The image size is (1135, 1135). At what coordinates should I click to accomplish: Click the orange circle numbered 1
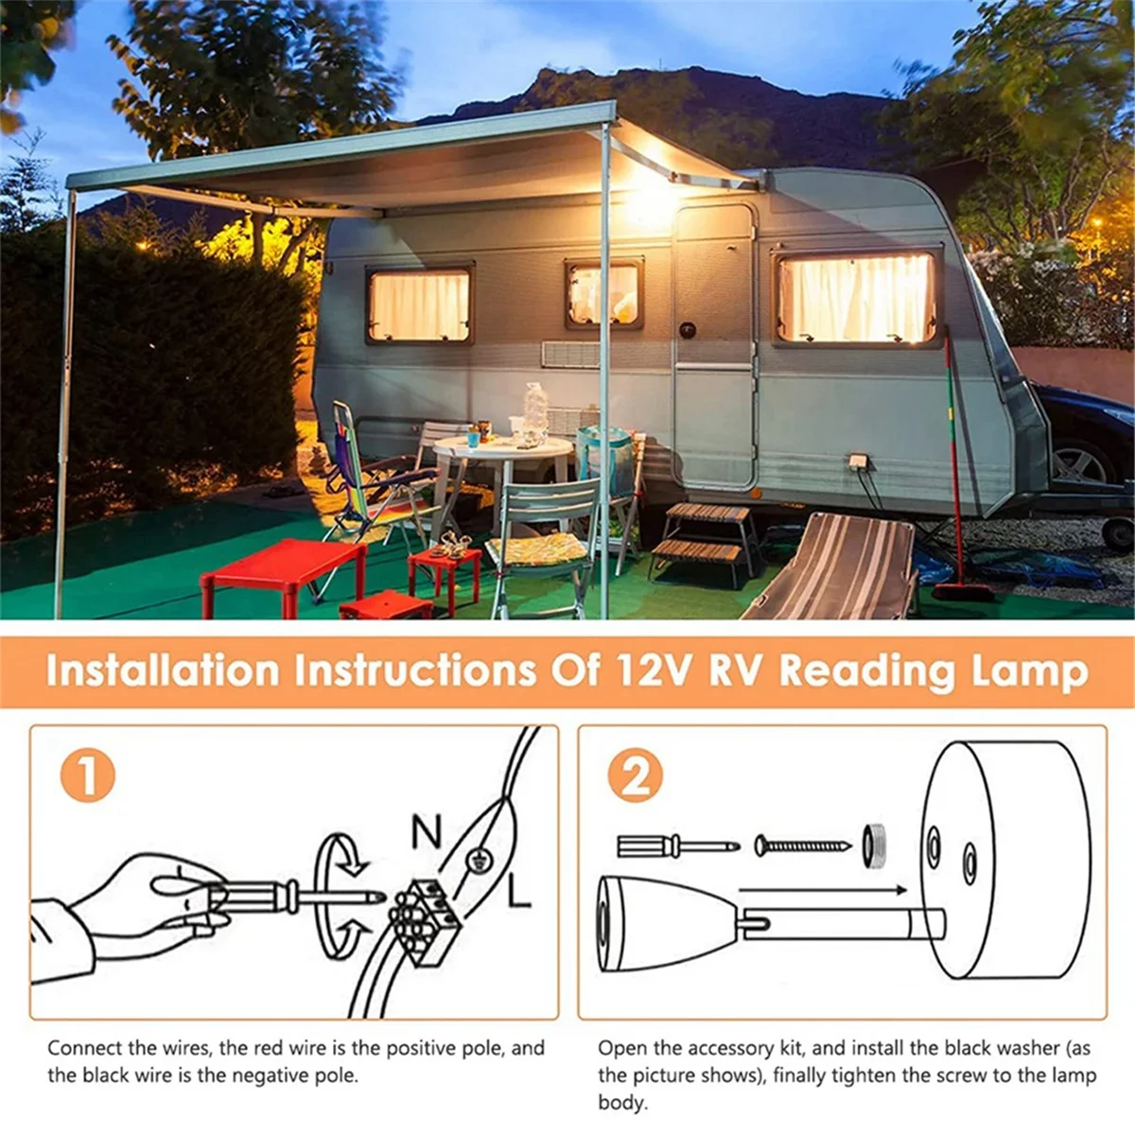(87, 776)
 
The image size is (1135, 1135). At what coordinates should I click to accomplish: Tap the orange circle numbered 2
(636, 776)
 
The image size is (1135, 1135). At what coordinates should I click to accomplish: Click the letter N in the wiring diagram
(427, 832)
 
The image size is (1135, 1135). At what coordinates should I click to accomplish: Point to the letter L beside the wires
(518, 891)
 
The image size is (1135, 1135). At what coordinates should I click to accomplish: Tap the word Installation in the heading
(163, 671)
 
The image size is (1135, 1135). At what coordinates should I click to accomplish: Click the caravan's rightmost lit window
(856, 298)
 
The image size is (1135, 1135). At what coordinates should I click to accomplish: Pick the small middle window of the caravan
(603, 294)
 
